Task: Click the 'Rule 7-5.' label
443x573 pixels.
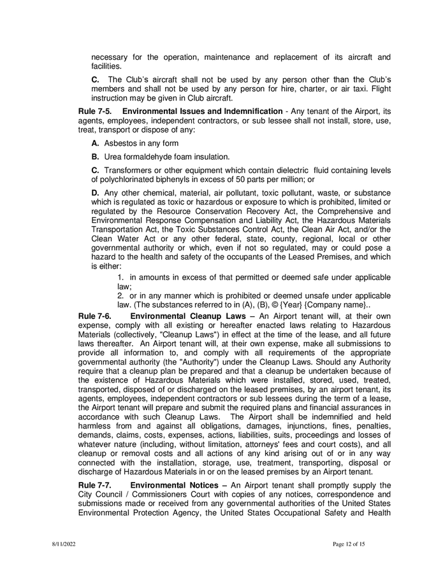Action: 96,111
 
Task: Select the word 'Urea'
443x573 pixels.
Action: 113,157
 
